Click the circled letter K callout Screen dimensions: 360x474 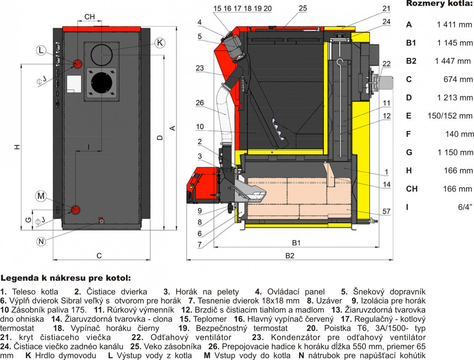[160, 43]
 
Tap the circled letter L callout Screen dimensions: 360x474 [41, 50]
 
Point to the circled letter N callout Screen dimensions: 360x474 [41, 241]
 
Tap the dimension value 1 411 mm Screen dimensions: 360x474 [455, 24]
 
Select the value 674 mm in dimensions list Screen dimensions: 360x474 [459, 79]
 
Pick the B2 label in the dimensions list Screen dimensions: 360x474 [411, 61]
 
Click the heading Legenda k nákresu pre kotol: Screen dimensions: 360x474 [65, 278]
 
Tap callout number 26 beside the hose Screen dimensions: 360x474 [200, 102]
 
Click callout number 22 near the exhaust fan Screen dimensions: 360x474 [386, 64]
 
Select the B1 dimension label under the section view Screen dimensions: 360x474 [296, 243]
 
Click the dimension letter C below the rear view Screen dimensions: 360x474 [99, 256]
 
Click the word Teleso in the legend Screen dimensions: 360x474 [24, 292]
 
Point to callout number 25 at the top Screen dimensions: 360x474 [303, 8]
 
